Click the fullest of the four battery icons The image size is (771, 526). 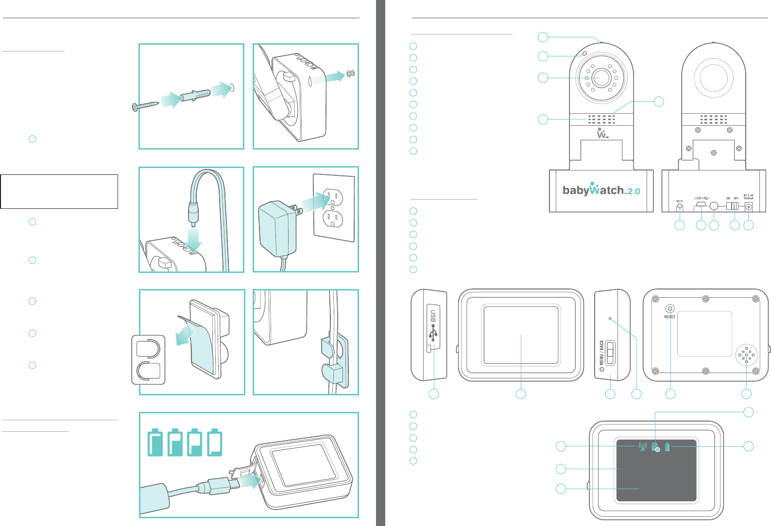[155, 442]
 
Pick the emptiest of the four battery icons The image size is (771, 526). [215, 442]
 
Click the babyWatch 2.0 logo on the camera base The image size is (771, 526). [601, 190]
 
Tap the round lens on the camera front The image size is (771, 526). [601, 78]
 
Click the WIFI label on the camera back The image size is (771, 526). [680, 201]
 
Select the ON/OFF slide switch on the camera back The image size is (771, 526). [733, 206]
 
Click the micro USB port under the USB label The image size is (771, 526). [701, 205]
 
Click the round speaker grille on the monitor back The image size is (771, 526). [747, 356]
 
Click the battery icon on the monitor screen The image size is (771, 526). [668, 447]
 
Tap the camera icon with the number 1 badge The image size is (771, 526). [655, 447]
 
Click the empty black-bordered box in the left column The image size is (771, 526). [59, 191]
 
